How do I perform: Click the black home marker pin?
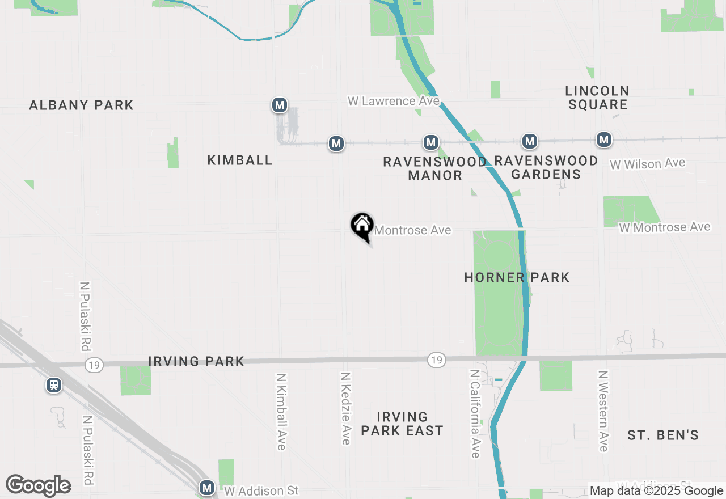(x=362, y=226)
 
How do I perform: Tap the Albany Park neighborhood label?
(x=81, y=105)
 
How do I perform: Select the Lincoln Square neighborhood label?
(x=597, y=98)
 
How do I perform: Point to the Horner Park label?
(x=517, y=277)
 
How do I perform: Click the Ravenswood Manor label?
(x=435, y=168)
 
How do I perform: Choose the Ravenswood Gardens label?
(x=546, y=167)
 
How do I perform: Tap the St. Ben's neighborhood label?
(x=662, y=435)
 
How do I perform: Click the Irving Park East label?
(x=402, y=424)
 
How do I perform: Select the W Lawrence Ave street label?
(x=394, y=101)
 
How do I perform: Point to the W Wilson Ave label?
(x=647, y=164)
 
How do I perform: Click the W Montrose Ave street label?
(x=665, y=227)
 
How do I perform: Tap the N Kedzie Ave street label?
(x=345, y=408)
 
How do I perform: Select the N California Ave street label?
(x=475, y=414)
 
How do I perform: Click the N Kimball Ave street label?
(x=281, y=411)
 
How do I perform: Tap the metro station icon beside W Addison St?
(x=207, y=488)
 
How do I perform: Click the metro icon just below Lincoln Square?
(x=603, y=139)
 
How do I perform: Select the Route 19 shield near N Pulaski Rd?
(x=94, y=365)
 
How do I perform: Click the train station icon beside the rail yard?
(x=54, y=385)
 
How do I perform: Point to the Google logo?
(x=39, y=485)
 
